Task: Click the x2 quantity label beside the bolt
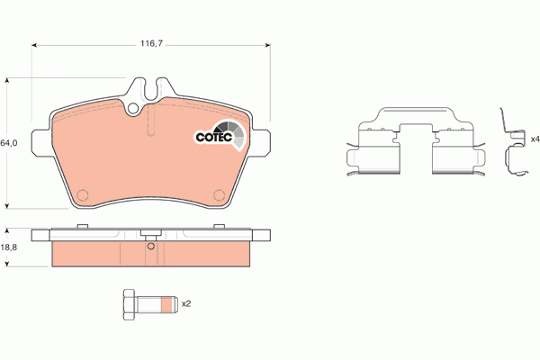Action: (186, 304)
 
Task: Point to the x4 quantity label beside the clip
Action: (534, 139)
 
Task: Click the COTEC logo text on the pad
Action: (212, 138)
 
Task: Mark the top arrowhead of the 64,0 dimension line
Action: (9, 81)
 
